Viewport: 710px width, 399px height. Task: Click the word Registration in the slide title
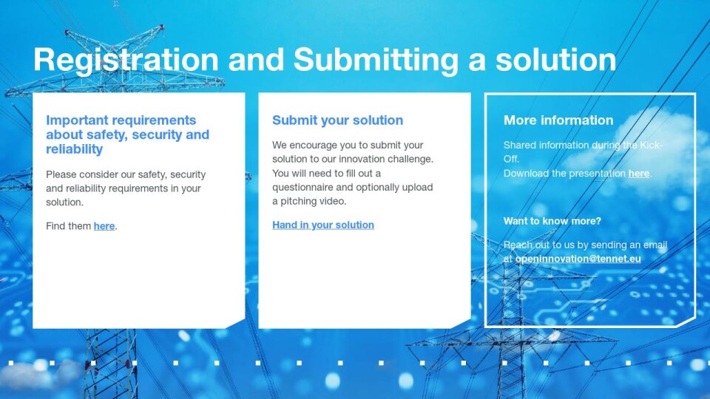126,61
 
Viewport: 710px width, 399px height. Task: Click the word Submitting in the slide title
376,61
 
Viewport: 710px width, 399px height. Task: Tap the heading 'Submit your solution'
337,120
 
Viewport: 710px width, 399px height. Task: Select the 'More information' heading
558,120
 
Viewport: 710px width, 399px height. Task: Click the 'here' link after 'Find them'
104,226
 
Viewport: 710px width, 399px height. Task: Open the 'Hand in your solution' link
323,225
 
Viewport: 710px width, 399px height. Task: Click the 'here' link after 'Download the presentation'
638,173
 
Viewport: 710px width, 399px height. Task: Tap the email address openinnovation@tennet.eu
578,259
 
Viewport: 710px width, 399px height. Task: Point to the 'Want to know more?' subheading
552,221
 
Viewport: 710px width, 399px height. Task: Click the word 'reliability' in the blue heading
74,149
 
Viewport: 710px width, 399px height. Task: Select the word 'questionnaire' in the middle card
302,187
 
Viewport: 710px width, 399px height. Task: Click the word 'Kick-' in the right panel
651,146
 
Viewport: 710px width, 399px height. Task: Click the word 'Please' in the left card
61,174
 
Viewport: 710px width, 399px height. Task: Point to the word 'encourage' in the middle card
311,146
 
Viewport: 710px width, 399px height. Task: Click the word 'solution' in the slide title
555,61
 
